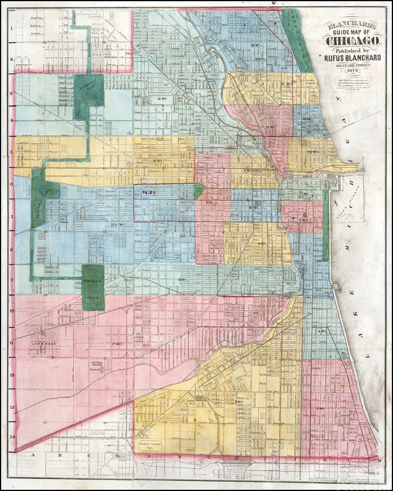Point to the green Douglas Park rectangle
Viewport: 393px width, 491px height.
click(x=93, y=288)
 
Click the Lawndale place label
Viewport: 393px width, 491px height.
click(x=41, y=344)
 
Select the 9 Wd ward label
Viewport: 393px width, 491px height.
click(x=261, y=243)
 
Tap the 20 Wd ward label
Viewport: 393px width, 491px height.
click(x=312, y=151)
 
